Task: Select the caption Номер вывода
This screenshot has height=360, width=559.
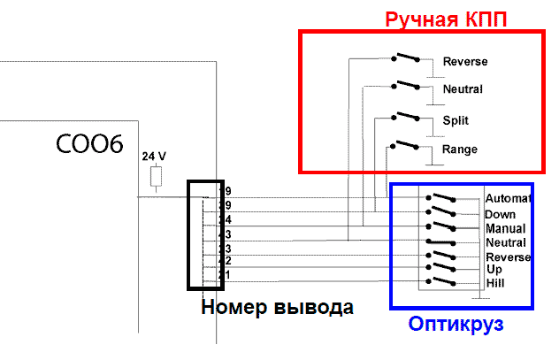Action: pyautogui.click(x=277, y=308)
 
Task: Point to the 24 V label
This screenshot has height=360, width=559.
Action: pyautogui.click(x=155, y=156)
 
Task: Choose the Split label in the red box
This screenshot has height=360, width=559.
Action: pyautogui.click(x=456, y=120)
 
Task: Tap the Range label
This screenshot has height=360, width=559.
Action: pyautogui.click(x=460, y=149)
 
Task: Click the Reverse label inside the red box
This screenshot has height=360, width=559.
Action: pyautogui.click(x=465, y=62)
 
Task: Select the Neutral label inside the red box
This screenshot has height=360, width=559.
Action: pyautogui.click(x=463, y=90)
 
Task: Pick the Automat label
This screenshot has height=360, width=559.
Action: pyautogui.click(x=507, y=198)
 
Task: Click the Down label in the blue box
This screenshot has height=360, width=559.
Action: pyautogui.click(x=500, y=215)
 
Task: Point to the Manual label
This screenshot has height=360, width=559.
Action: pyautogui.click(x=505, y=228)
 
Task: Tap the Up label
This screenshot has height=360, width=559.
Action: pyautogui.click(x=494, y=268)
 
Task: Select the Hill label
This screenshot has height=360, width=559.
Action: pyautogui.click(x=495, y=283)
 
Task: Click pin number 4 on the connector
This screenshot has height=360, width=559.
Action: pyautogui.click(x=228, y=218)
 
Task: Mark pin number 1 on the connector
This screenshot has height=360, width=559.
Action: pyautogui.click(x=227, y=275)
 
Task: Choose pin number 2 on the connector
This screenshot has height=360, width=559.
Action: pyautogui.click(x=227, y=261)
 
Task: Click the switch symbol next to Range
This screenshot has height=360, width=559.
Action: pyautogui.click(x=406, y=146)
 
